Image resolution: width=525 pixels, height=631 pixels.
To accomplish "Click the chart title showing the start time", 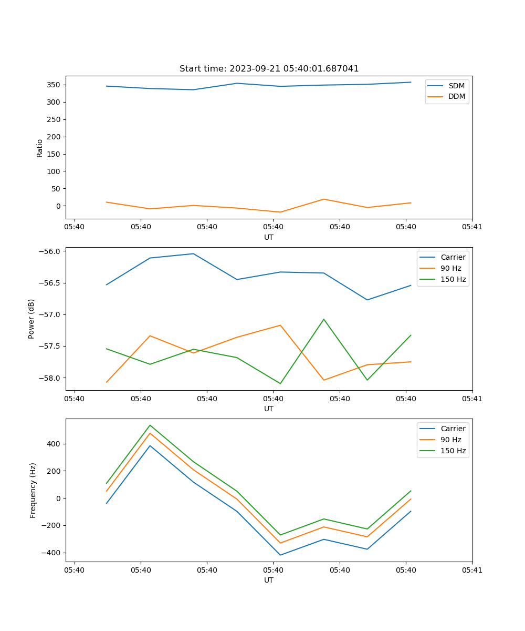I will (269, 69).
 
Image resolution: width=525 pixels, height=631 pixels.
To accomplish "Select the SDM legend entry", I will (456, 86).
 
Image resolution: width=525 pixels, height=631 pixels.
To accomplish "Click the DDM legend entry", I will (456, 97).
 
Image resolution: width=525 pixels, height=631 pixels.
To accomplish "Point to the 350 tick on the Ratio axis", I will (53, 85).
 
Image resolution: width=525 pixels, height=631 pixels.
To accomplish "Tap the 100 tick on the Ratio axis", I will (53, 171).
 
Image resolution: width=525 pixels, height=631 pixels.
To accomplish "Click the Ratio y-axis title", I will (40, 148).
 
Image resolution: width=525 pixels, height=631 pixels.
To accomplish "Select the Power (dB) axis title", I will (31, 319).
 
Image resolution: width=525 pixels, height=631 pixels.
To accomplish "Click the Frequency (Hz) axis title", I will (33, 490).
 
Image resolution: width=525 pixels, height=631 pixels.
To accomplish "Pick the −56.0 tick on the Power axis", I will (49, 251).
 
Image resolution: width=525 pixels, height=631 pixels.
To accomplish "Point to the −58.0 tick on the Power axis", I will (49, 378).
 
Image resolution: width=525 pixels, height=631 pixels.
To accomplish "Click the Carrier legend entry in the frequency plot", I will (453, 429).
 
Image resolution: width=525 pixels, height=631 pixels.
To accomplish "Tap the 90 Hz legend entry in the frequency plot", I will (450, 440).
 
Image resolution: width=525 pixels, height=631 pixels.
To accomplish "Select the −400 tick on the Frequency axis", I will (52, 553).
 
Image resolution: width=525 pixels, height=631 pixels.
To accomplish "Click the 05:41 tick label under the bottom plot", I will (472, 569).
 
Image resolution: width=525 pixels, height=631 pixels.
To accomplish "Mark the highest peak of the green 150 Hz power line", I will (324, 319).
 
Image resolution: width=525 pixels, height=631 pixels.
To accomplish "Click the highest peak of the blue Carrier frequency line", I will (150, 445).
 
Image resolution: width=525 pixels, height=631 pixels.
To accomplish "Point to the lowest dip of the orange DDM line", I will (280, 212).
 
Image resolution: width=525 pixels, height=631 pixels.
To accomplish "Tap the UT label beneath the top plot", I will (269, 237).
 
